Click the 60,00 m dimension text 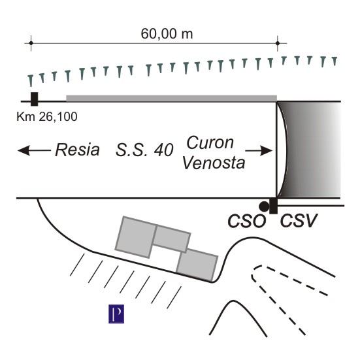167,34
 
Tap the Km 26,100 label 47,117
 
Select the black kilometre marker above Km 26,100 34,99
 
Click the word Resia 77,150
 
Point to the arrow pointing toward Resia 34,150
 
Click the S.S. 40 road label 144,150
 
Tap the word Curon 210,142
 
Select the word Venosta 214,163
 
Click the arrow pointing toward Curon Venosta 259,151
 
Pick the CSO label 246,221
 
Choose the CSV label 299,220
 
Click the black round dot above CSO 264,206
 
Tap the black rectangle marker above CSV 273,206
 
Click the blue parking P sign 116,314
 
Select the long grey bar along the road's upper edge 171,98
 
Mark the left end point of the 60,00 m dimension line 31,43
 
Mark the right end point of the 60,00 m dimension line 278,43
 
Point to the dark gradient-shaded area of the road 310,150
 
